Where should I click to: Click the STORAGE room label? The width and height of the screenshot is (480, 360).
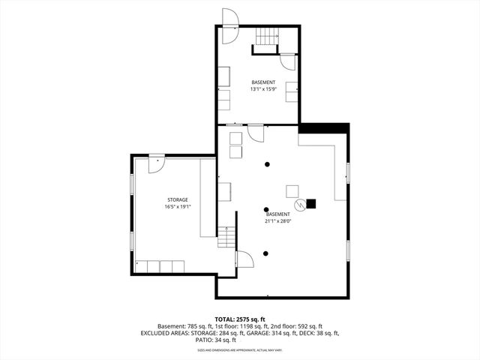click(x=177, y=199)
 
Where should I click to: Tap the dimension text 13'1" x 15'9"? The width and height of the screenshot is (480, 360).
click(x=263, y=89)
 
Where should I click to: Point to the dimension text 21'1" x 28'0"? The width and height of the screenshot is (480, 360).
click(x=277, y=221)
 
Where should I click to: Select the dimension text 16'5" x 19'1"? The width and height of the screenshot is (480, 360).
click(x=178, y=207)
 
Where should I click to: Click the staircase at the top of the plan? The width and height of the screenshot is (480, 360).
click(x=265, y=35)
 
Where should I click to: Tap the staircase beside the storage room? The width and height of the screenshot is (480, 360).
click(x=226, y=238)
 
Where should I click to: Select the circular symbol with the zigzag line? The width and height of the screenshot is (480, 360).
click(x=299, y=203)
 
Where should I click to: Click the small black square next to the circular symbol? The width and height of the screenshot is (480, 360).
click(x=311, y=203)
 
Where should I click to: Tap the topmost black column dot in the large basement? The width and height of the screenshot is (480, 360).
click(x=265, y=164)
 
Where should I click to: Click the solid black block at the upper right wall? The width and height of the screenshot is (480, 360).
click(x=324, y=128)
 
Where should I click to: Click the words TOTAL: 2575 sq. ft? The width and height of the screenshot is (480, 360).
click(x=240, y=319)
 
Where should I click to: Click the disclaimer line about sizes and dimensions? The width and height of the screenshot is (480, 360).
click(x=240, y=349)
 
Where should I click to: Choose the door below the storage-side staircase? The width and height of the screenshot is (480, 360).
click(x=244, y=259)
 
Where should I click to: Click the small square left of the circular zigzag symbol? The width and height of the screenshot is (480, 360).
click(x=292, y=190)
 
